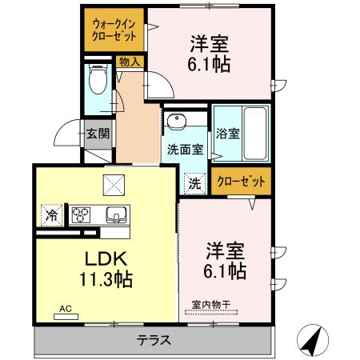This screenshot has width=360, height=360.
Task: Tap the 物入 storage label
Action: pos(129,62)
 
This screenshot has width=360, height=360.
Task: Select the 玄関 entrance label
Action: pos(98,134)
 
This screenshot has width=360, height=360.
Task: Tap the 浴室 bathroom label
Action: pos(227,134)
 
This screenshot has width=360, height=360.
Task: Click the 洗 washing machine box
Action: pos(194,183)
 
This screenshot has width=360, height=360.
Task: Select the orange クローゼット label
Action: pos(241,182)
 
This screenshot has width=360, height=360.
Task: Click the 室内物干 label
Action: pos(210,304)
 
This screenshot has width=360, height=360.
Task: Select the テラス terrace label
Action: pos(153,339)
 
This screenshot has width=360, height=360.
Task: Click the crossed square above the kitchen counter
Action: pos(114,186)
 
